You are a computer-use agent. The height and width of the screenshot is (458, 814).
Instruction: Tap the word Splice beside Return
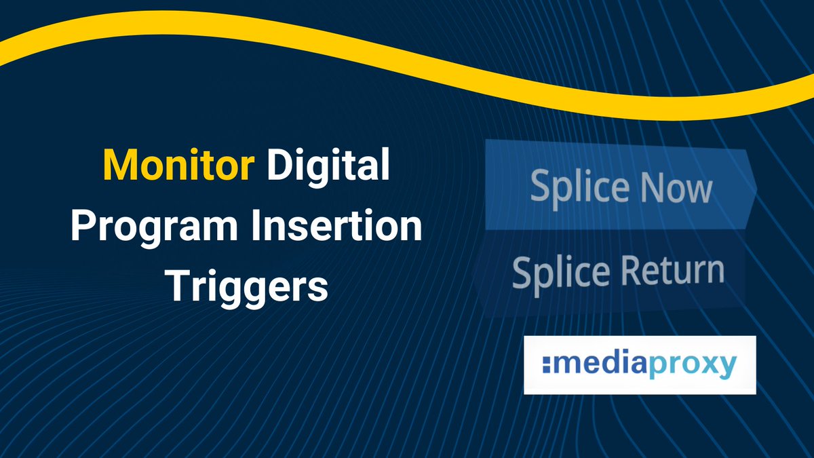[560, 271]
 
